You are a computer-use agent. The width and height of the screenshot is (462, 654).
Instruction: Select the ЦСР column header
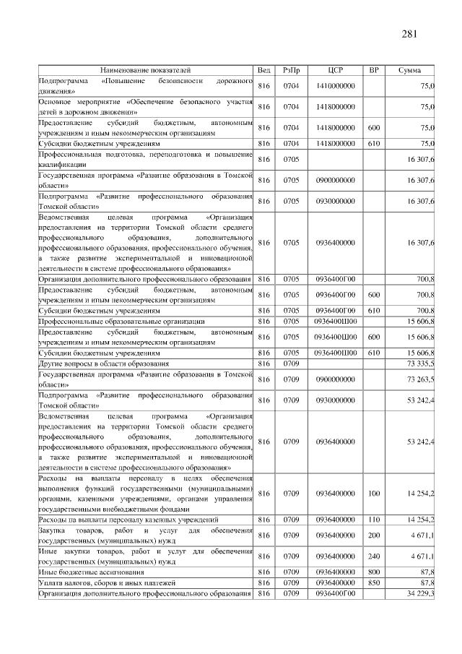[335, 70]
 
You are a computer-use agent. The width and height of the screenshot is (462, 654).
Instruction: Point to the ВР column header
[374, 70]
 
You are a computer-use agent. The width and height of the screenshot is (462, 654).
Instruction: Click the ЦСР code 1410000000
[335, 86]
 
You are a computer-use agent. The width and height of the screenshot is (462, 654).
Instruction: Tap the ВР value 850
[374, 582]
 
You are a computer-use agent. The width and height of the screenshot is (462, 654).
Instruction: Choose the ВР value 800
[374, 571]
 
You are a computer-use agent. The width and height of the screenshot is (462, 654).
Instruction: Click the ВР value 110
[374, 519]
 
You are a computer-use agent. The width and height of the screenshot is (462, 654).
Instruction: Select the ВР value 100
[374, 493]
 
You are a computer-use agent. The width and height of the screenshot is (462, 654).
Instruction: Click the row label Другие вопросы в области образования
[105, 363]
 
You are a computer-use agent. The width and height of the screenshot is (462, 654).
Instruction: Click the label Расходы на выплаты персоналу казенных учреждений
[128, 519]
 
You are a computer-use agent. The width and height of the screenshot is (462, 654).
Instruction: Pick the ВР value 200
[374, 535]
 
